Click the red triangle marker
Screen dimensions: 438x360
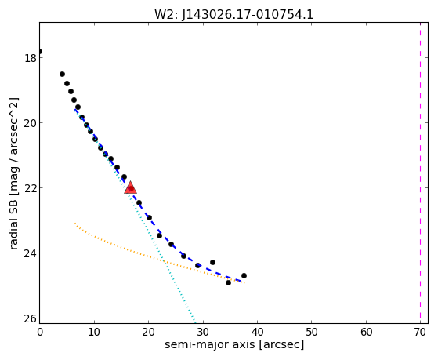pos(130,187)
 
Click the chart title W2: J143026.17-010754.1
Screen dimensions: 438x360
pos(233,15)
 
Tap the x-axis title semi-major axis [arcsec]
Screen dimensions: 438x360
pos(234,344)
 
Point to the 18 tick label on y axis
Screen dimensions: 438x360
pos(30,58)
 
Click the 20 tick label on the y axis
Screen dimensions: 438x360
pos(30,123)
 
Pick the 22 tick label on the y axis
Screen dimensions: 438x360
pos(30,188)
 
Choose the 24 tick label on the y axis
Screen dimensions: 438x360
pos(30,253)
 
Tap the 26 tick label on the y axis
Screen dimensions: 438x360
pos(30,318)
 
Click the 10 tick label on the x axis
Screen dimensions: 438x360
pos(94,332)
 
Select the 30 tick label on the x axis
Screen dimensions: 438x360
pos(203,332)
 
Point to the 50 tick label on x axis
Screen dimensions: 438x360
pos(312,332)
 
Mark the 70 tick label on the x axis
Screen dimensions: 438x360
pos(420,332)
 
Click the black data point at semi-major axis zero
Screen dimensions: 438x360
pos(40,51)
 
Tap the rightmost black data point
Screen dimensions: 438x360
pos(244,275)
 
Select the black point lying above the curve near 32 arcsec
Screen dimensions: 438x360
pos(212,262)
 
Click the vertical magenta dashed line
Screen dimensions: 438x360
pos(420,173)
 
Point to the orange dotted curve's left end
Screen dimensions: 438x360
pos(74,224)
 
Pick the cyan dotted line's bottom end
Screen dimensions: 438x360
pos(195,322)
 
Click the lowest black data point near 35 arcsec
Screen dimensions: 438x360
pos(228,282)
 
